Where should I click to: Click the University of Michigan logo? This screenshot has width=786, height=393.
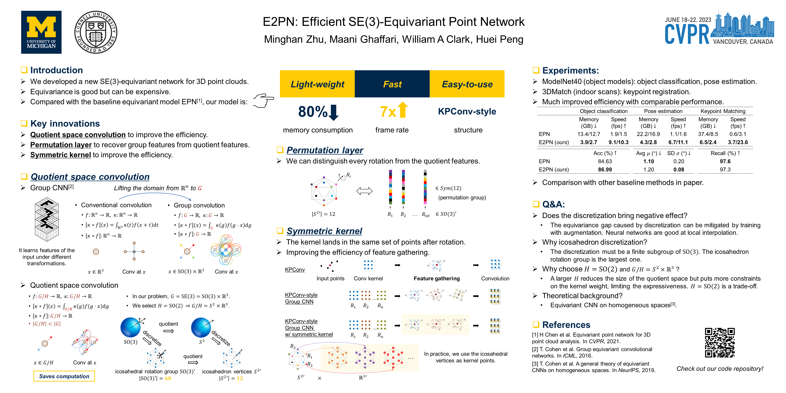(x=41, y=32)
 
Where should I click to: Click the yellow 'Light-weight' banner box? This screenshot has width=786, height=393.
(x=317, y=84)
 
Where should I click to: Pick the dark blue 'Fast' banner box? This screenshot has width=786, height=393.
(x=392, y=84)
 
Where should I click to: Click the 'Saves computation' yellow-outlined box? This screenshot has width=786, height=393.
(x=64, y=376)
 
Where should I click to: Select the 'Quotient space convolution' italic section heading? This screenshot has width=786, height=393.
(x=90, y=177)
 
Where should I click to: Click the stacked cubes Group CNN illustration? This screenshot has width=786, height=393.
(x=47, y=220)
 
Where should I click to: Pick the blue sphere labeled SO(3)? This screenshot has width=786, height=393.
(x=131, y=327)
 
